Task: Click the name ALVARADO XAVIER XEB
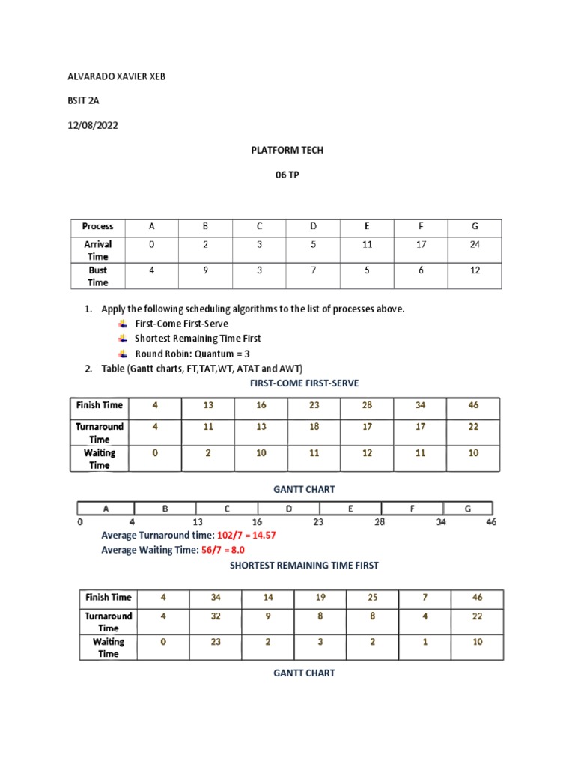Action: [117, 77]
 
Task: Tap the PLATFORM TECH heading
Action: [287, 150]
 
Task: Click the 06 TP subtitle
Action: [287, 175]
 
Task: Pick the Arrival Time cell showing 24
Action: [475, 244]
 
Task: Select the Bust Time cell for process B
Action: [206, 270]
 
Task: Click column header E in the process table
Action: [367, 226]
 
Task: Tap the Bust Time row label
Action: [98, 276]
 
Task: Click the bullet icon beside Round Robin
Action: [123, 354]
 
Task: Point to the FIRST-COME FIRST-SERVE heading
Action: [303, 383]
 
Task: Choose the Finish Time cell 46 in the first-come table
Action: [472, 405]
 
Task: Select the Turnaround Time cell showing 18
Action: [314, 427]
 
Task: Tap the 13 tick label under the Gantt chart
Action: [197, 522]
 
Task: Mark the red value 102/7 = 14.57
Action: [252, 536]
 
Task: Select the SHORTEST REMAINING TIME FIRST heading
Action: [303, 566]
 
